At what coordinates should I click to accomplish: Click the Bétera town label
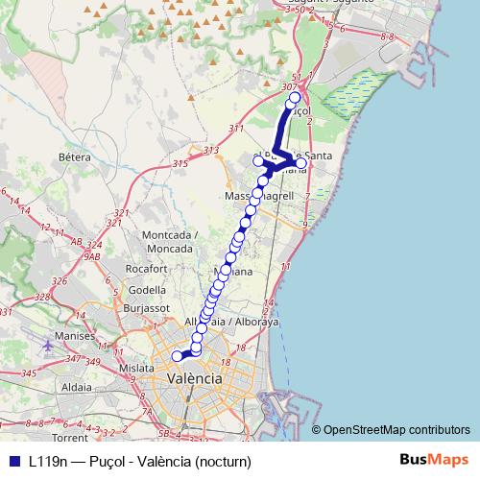tap(74, 156)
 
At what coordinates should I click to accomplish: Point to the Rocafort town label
tap(146, 269)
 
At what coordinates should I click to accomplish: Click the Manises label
tap(76, 337)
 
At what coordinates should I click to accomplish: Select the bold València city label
tap(195, 379)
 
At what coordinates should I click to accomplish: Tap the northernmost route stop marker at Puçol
tap(295, 98)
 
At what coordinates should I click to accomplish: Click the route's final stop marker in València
tap(177, 356)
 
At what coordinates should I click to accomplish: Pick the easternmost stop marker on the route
tap(301, 164)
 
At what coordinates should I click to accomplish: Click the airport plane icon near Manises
tap(48, 344)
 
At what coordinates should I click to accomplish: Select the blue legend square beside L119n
tap(12, 461)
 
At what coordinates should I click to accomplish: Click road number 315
tap(180, 164)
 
